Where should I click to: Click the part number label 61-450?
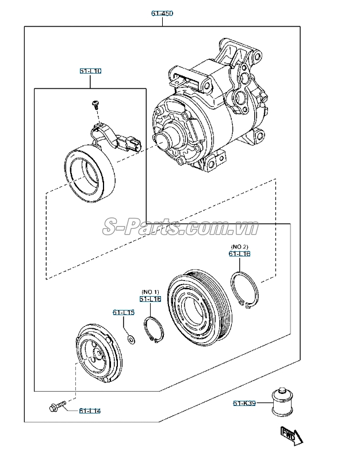(162, 13)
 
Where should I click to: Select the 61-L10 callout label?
(90, 71)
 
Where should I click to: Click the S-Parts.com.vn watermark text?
(181, 228)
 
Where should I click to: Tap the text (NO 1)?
(150, 292)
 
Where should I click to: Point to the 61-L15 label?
(123, 313)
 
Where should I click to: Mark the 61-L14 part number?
(90, 411)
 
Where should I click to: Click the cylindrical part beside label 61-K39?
(281, 400)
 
